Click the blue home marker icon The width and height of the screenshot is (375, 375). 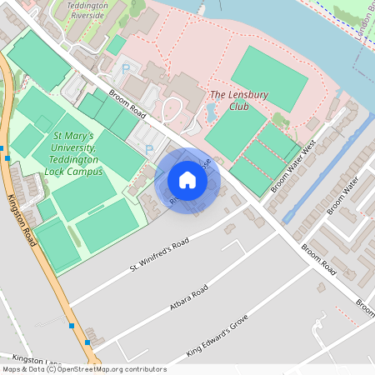(187, 180)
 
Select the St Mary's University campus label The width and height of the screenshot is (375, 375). (74, 153)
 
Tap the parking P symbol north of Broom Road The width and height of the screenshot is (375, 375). (126, 70)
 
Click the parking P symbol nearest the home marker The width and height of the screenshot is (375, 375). (149, 149)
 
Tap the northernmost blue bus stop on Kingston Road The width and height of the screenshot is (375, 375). (7, 157)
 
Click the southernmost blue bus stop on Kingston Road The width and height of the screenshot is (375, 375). (88, 342)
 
